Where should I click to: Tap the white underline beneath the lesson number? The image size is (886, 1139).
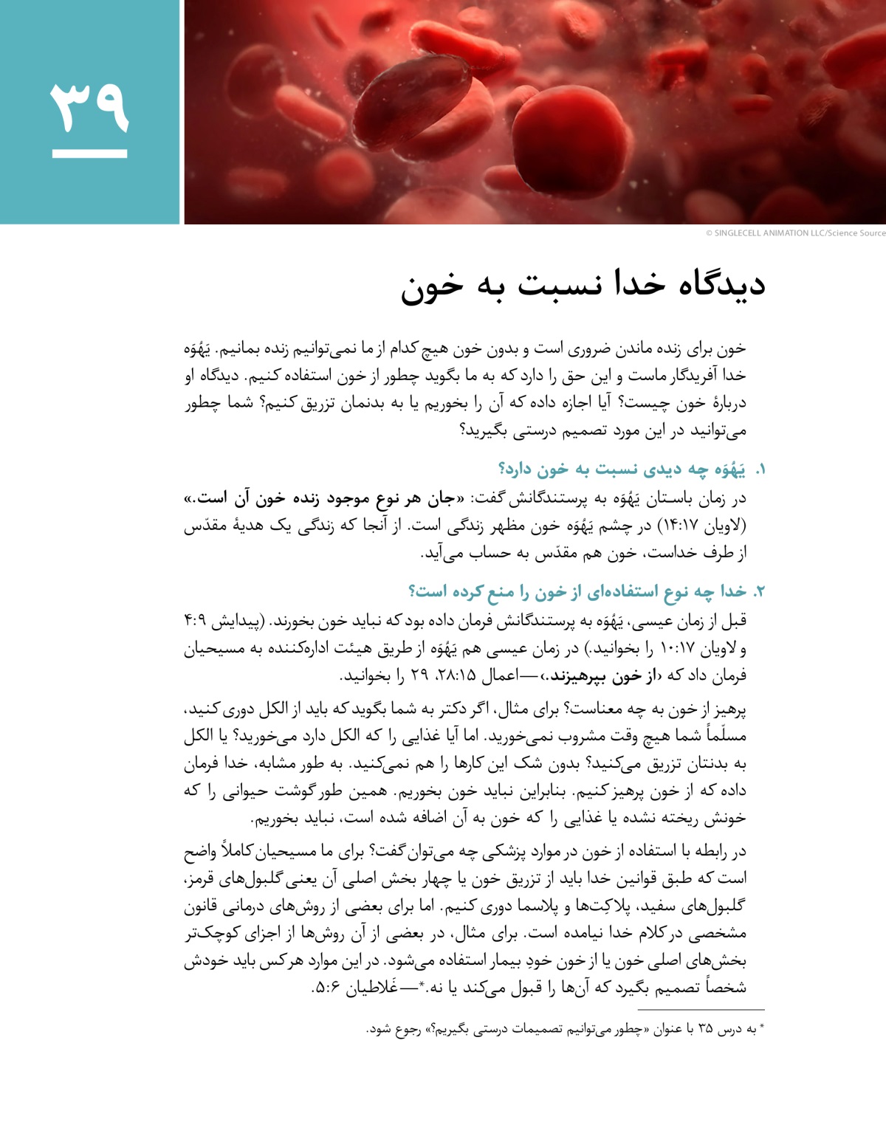(x=89, y=154)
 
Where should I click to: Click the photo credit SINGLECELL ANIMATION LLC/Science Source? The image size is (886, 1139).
(x=795, y=233)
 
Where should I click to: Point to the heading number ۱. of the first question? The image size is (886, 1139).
(x=760, y=470)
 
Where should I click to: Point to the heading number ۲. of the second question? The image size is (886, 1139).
(x=760, y=592)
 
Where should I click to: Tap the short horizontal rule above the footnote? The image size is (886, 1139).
(x=701, y=1009)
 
